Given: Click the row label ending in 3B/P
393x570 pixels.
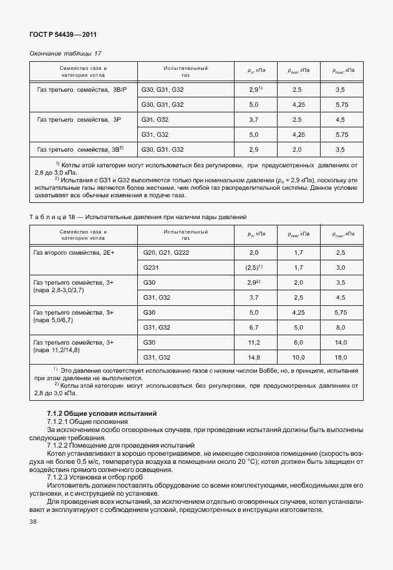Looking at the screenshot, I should pyautogui.click(x=82, y=90).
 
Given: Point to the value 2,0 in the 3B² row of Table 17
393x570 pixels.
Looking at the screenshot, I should pyautogui.click(x=297, y=149).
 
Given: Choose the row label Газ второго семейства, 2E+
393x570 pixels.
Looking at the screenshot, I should pyautogui.click(x=77, y=253).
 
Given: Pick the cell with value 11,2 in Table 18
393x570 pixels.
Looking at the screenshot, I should pyautogui.click(x=253, y=342).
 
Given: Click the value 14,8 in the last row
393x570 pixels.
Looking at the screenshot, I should pyautogui.click(x=253, y=357).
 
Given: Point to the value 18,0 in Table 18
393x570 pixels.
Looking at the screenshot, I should pyautogui.click(x=340, y=357).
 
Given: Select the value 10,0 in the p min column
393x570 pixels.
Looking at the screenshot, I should pyautogui.click(x=297, y=357).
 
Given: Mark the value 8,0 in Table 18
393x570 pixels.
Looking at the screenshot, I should pyautogui.click(x=340, y=327).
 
